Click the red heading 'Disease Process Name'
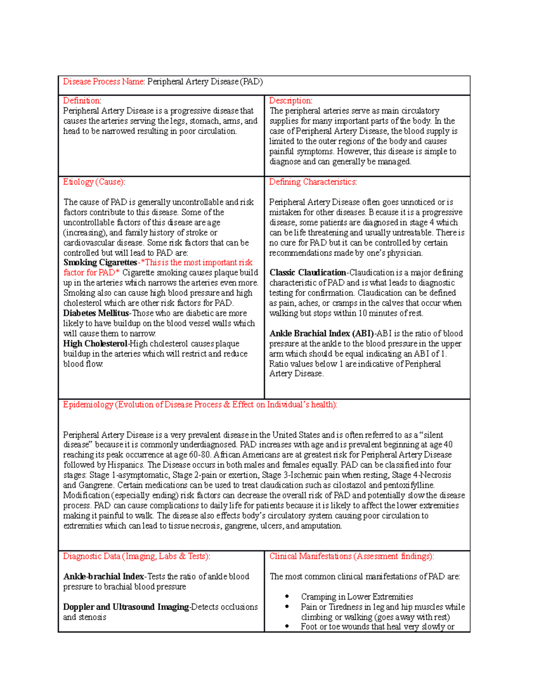pos(103,82)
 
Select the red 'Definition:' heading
pos(82,101)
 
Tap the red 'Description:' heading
pos(291,101)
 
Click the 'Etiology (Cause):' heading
pos(94,182)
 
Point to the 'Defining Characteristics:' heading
pos(313,182)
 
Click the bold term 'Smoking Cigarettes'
pos(100,262)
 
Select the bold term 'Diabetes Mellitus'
pos(96,313)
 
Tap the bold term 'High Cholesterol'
pos(95,344)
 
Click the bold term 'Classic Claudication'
pos(308,273)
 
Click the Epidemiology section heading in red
pos(200,405)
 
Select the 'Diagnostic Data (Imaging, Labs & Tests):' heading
pos(137,556)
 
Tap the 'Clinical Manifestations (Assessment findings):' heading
pos(352,556)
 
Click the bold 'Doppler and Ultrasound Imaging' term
pos(126,607)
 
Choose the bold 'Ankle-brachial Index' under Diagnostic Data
pos(104,577)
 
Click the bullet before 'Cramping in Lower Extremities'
pos(287,597)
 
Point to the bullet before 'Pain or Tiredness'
pos(287,607)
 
